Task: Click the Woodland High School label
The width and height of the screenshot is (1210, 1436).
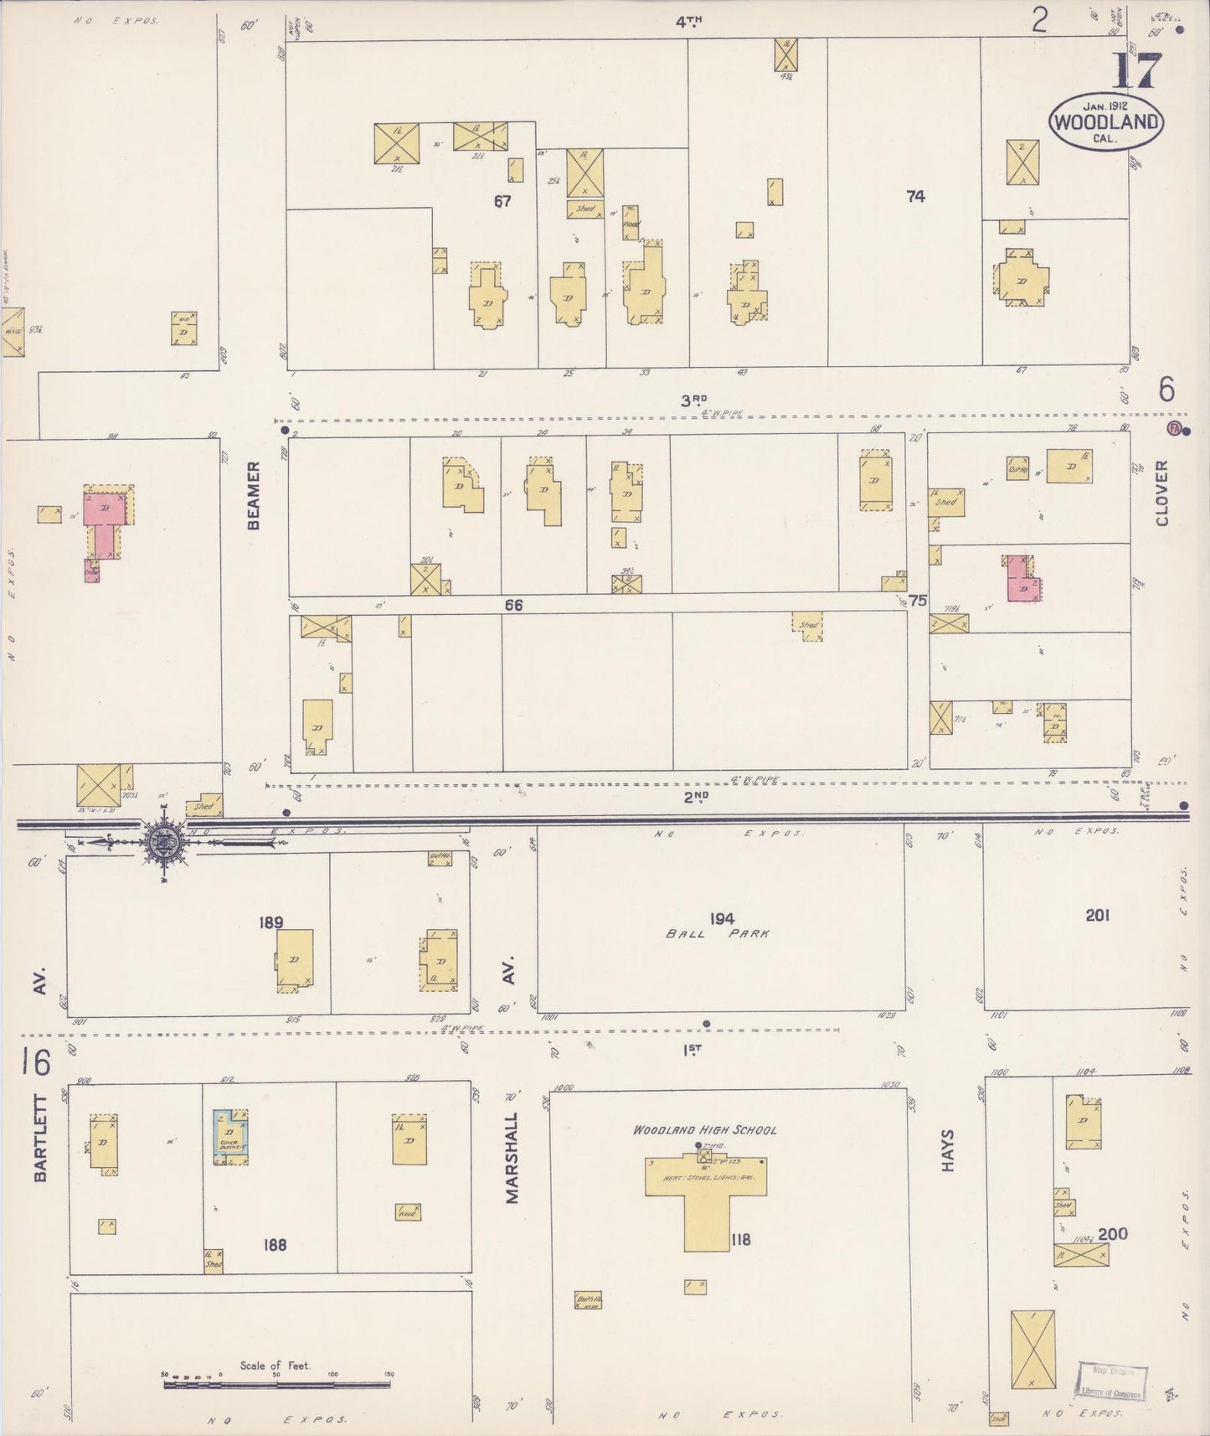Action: click(704, 1129)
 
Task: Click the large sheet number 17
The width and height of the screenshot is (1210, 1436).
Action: click(1136, 72)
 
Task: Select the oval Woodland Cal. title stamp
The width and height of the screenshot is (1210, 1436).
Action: click(1105, 121)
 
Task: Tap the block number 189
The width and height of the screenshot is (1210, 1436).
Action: click(271, 922)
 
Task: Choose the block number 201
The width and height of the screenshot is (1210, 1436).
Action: click(1097, 915)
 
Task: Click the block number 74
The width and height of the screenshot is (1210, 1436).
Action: click(915, 196)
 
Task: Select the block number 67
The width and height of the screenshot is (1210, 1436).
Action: click(502, 201)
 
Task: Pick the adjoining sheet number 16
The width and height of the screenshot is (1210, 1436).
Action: click(36, 1062)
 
